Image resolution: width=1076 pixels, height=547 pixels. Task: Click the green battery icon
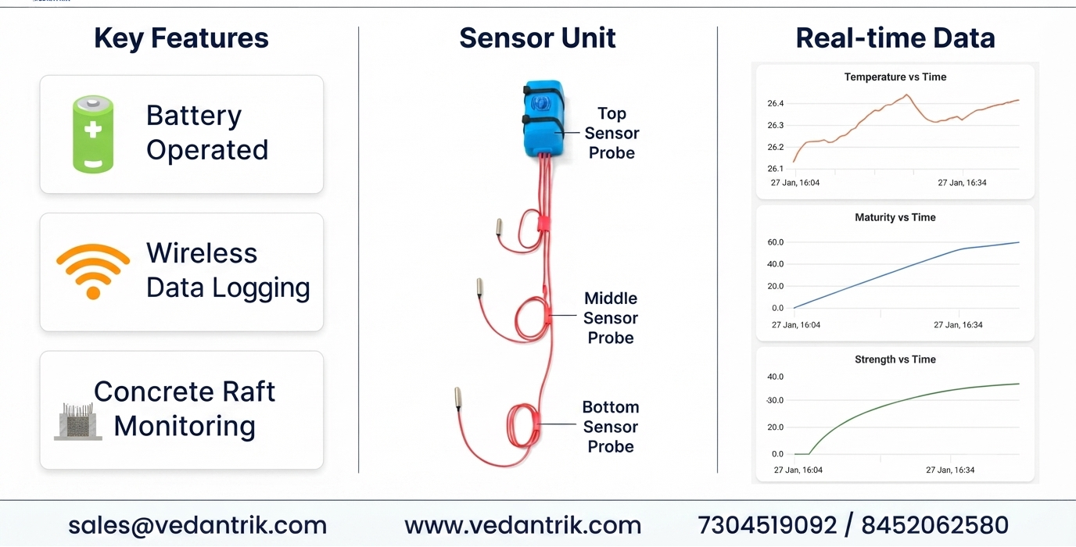pyautogui.click(x=93, y=134)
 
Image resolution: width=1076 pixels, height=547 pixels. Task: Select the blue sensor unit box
pyautogui.click(x=543, y=119)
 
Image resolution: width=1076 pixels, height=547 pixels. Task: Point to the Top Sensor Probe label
pyautogui.click(x=612, y=133)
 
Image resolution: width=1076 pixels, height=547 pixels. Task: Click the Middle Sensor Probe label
pyautogui.click(x=611, y=317)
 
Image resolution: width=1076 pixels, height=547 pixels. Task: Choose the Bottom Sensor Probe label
pyautogui.click(x=611, y=427)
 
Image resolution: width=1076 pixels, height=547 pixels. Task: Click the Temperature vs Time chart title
pyautogui.click(x=895, y=77)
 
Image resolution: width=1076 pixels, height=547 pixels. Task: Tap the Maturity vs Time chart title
pyautogui.click(x=895, y=217)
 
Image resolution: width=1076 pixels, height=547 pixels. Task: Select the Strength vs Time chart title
pyautogui.click(x=895, y=359)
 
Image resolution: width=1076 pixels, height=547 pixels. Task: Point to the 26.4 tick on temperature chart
pyautogui.click(x=775, y=103)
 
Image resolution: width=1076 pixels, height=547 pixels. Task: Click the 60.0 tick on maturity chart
pyautogui.click(x=775, y=242)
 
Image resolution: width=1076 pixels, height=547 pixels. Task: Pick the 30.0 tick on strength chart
pyautogui.click(x=775, y=400)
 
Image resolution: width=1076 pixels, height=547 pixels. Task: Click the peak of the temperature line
pyautogui.click(x=907, y=95)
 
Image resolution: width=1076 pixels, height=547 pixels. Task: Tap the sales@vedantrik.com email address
pyautogui.click(x=197, y=525)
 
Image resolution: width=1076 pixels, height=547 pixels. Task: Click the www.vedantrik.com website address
pyautogui.click(x=522, y=525)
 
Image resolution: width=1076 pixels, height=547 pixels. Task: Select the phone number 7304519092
pyautogui.click(x=767, y=525)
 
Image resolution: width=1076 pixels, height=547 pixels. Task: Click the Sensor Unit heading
pyautogui.click(x=537, y=38)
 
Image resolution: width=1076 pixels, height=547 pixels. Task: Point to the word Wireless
pyautogui.click(x=202, y=253)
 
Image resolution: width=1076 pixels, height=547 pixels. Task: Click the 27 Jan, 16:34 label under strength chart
pyautogui.click(x=950, y=470)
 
